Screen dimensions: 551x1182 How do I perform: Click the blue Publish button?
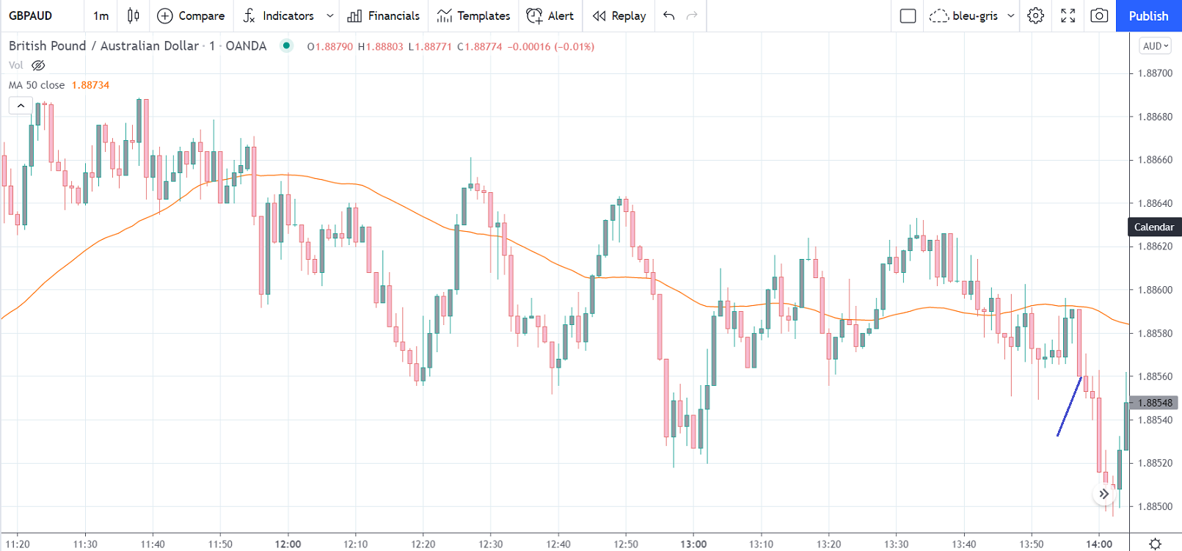pos(1148,15)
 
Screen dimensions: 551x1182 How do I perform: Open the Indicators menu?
pos(280,15)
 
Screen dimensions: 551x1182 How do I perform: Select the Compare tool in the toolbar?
pos(191,15)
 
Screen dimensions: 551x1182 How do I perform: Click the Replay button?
pos(619,15)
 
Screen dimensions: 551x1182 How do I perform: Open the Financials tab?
pos(384,15)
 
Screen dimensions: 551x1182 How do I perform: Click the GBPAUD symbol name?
pos(31,15)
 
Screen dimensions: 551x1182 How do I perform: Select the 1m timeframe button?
pos(101,15)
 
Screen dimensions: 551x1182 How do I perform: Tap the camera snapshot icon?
pos(1099,15)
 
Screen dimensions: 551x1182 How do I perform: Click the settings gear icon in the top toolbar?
pos(1035,15)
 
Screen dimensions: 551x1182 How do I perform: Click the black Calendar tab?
pos(1154,227)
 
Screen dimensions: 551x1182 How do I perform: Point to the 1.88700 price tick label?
pos(1155,73)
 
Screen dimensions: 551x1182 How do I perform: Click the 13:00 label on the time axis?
pos(693,544)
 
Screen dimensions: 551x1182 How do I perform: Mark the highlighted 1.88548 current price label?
pos(1155,403)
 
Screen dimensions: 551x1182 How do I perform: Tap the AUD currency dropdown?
pos(1156,46)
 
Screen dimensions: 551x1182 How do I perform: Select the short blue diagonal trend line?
pos(1069,406)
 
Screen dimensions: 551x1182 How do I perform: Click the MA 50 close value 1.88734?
pos(90,85)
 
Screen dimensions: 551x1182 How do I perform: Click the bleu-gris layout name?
pos(974,15)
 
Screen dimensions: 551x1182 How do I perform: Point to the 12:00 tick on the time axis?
pos(288,544)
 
